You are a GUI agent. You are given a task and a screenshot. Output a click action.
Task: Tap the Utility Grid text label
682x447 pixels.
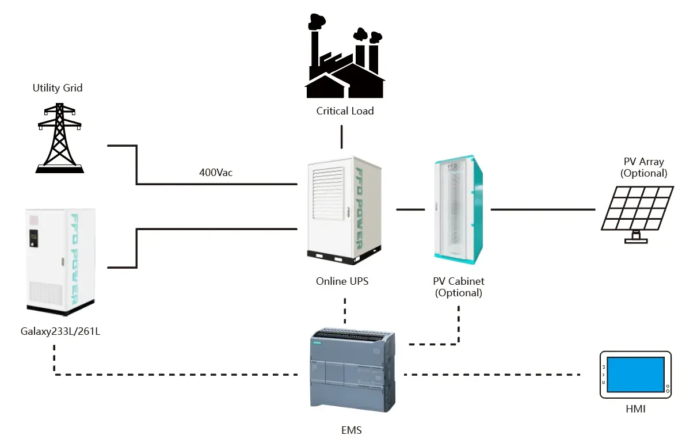click(x=58, y=88)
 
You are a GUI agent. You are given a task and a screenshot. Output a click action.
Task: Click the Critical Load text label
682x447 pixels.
click(x=345, y=110)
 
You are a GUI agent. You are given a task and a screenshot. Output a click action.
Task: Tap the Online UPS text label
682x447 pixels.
click(x=342, y=281)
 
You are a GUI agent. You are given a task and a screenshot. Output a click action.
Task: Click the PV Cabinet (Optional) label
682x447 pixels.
click(x=459, y=287)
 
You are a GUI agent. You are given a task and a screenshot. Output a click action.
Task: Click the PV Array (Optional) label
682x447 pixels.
click(x=643, y=167)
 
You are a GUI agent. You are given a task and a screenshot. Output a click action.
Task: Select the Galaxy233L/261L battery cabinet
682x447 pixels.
click(x=60, y=261)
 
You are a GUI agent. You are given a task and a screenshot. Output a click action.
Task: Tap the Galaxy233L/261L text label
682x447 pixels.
click(x=59, y=331)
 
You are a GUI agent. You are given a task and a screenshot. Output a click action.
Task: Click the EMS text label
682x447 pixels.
click(x=350, y=430)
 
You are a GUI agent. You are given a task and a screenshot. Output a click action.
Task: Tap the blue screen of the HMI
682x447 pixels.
click(x=635, y=374)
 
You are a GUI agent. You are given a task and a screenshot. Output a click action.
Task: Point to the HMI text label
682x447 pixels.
click(x=635, y=409)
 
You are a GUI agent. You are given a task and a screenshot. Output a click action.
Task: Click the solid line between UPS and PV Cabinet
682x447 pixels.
click(x=410, y=210)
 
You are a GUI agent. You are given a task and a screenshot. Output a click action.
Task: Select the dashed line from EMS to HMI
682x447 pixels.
click(x=492, y=375)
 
